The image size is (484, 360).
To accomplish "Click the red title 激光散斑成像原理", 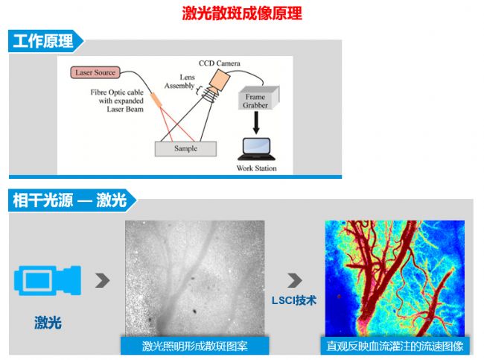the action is click(x=242, y=13).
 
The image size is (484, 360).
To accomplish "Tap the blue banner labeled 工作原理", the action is click(x=45, y=41).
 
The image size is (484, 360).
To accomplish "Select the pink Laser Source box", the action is click(x=95, y=72).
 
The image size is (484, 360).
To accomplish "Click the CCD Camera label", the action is click(x=219, y=63).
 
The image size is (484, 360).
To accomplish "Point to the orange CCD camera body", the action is click(x=219, y=80).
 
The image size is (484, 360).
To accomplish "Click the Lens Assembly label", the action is click(x=179, y=81).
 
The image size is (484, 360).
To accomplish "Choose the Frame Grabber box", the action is click(x=258, y=98).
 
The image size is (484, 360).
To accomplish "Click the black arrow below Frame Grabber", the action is click(x=256, y=123).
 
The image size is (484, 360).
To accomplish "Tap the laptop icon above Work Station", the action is click(x=256, y=149).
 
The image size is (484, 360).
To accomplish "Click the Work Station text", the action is click(x=256, y=168).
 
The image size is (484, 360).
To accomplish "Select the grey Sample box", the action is click(x=185, y=148).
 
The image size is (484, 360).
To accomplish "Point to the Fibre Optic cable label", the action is click(x=117, y=101).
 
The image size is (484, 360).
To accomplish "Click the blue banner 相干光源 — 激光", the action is click(x=72, y=200).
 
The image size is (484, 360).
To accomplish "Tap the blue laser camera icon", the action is click(x=48, y=280).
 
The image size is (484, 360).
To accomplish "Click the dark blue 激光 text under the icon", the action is click(x=48, y=323).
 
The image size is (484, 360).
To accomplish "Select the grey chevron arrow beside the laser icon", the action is click(x=103, y=280).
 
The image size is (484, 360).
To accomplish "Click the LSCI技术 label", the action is click(x=294, y=300).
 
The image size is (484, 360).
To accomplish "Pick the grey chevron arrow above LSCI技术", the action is click(x=295, y=280).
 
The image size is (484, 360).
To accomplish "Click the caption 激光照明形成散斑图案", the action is click(x=195, y=346).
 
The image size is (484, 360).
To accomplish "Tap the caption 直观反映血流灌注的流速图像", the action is click(x=395, y=346).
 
